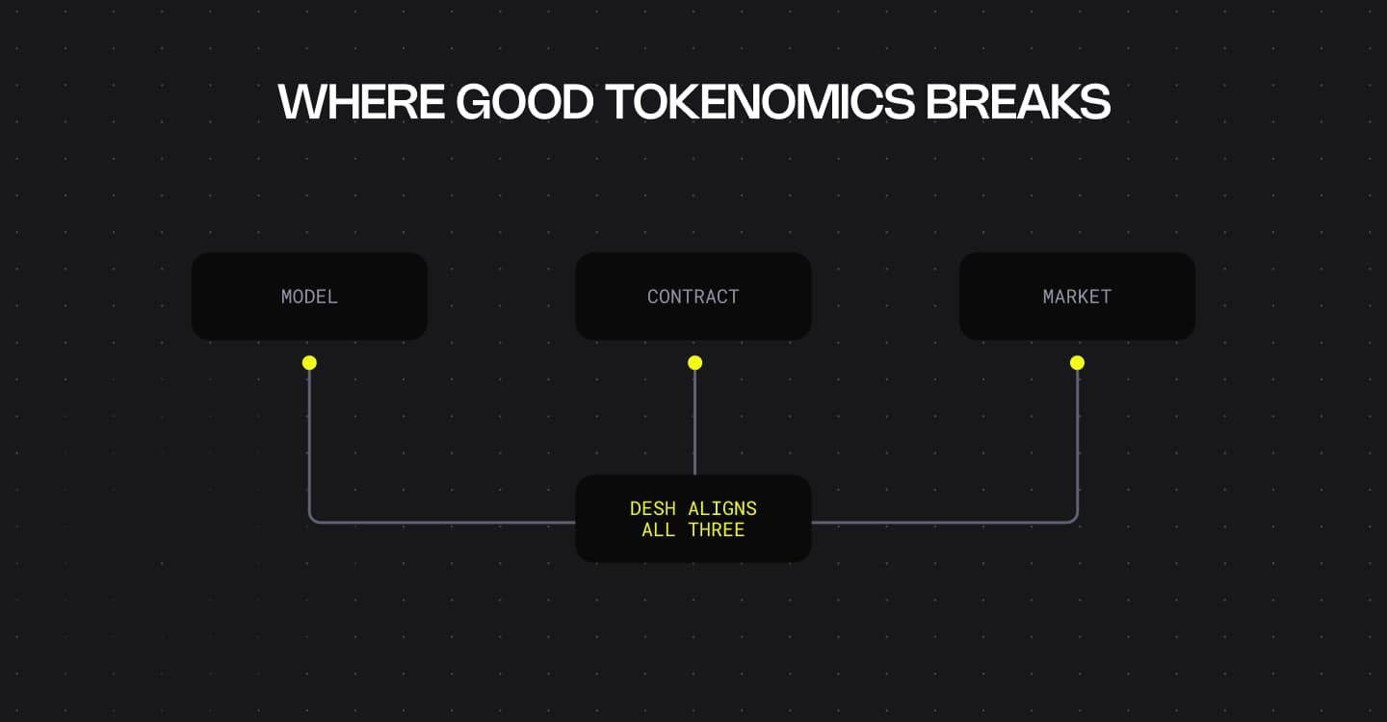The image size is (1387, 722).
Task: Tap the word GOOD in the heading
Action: tap(524, 101)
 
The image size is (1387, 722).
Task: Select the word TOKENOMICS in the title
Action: tap(760, 101)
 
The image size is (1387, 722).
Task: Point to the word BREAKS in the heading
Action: tap(1018, 101)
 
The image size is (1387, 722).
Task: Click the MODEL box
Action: tap(309, 297)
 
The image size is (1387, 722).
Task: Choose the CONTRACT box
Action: tap(693, 297)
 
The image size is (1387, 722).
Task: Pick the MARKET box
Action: tap(1077, 297)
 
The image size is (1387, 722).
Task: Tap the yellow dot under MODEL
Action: tap(309, 363)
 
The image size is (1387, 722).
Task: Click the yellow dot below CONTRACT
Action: tap(694, 363)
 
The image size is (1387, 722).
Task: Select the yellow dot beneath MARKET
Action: tap(1077, 363)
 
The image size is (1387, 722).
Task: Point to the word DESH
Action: tap(652, 508)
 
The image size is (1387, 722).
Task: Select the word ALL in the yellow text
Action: tap(658, 530)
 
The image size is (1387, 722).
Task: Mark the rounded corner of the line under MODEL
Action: tap(312, 520)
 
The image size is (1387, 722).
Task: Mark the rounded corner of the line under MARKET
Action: tap(1074, 520)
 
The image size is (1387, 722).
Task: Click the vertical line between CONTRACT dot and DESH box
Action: tap(694, 424)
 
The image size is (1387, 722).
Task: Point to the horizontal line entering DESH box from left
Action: tap(443, 523)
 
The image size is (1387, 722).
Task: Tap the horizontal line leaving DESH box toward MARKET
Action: tap(944, 523)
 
